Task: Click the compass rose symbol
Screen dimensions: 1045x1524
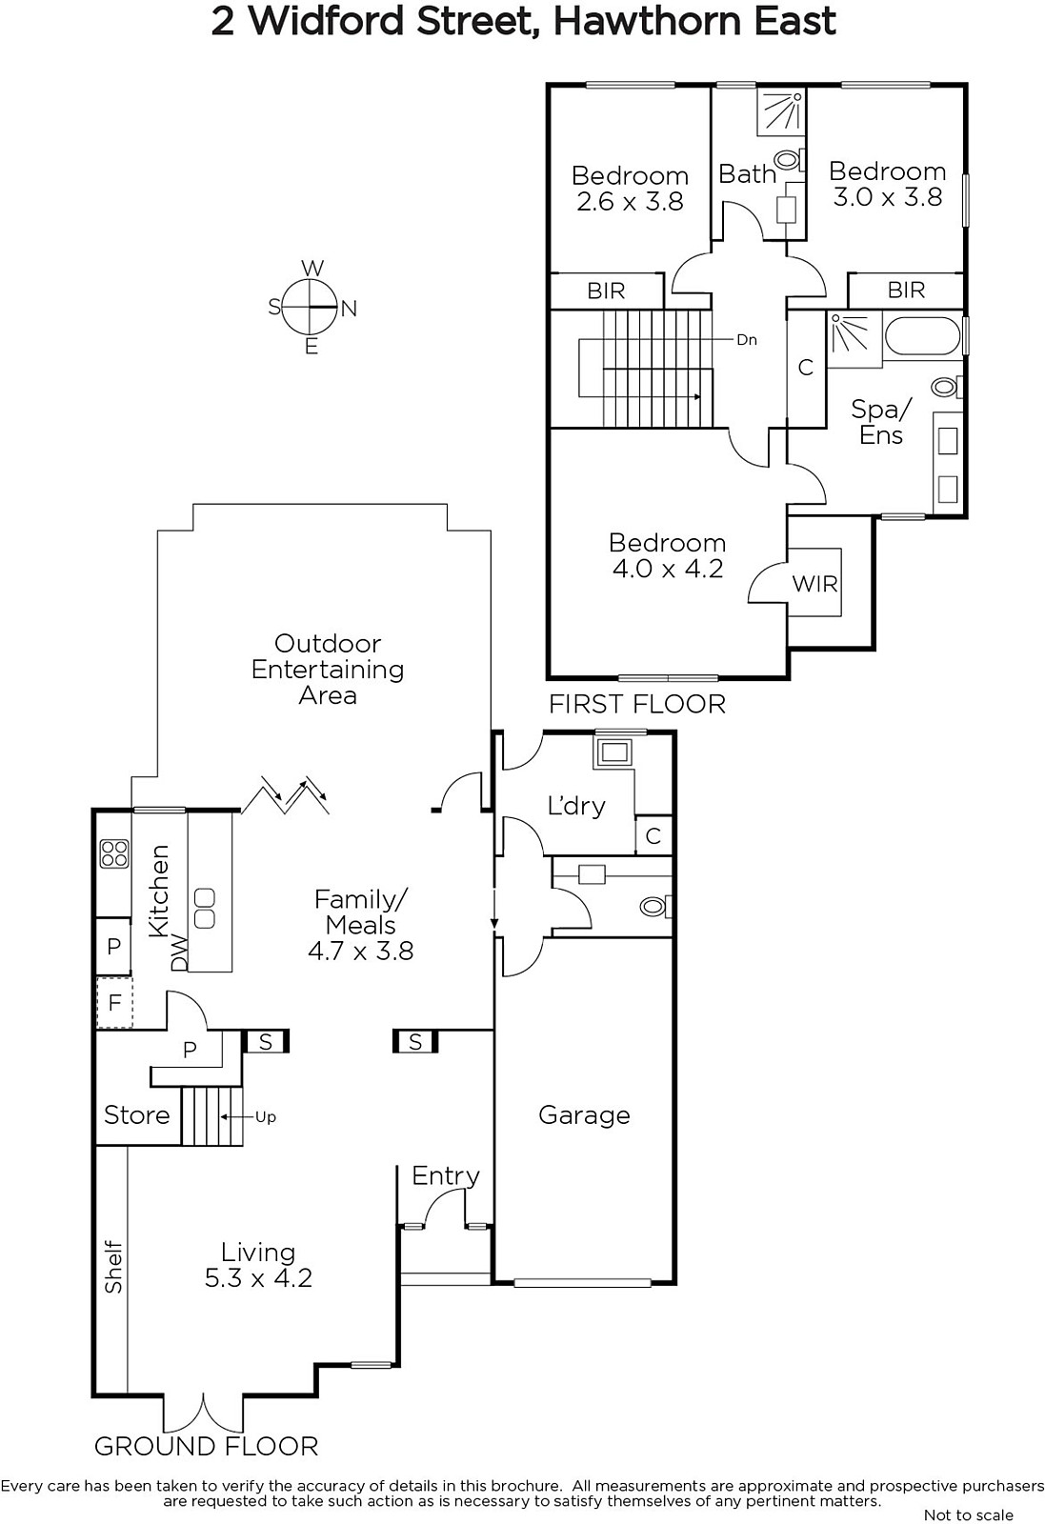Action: [x=310, y=308]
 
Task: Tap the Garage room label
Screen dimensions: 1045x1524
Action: [x=584, y=1115]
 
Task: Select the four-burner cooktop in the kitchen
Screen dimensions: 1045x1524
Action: [x=113, y=853]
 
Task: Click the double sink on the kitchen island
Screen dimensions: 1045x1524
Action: [x=205, y=909]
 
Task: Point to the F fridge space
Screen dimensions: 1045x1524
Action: [x=114, y=1002]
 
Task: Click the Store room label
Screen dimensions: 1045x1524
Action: [x=137, y=1115]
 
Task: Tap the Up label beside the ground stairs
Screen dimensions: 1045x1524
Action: [x=266, y=1117]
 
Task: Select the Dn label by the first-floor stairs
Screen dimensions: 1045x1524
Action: [x=746, y=339]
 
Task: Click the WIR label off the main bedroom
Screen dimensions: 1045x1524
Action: [x=814, y=583]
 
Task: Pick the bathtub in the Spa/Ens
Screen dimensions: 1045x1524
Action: [x=922, y=335]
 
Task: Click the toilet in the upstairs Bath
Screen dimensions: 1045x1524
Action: [x=789, y=161]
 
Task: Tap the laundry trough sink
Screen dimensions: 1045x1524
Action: [x=614, y=752]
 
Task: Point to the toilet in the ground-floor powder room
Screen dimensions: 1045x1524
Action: [x=655, y=906]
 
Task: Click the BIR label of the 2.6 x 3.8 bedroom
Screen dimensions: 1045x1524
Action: [x=606, y=291]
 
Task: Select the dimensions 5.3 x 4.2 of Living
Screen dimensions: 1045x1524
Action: [x=258, y=1277]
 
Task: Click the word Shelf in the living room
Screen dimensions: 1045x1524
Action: [x=113, y=1268]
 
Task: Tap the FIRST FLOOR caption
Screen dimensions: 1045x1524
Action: [x=637, y=704]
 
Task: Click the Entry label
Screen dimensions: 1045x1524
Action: [x=446, y=1176]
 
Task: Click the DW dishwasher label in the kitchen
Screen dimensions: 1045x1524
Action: [x=179, y=952]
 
